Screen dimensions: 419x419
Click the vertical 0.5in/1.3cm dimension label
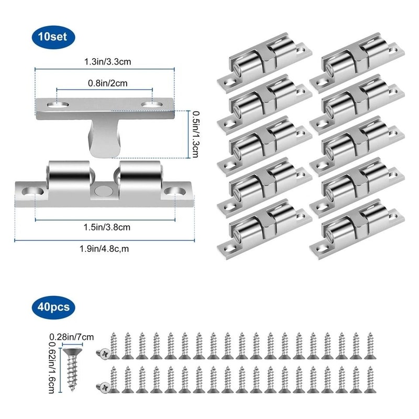point(195,134)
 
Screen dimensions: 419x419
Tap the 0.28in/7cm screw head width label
point(69,336)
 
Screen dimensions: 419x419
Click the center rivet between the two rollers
point(103,190)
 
